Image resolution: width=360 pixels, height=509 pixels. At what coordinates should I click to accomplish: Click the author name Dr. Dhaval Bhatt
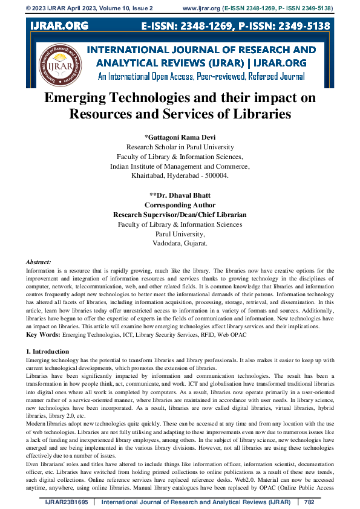coord(180,195)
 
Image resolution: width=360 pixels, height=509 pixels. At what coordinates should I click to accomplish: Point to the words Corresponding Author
coord(180,205)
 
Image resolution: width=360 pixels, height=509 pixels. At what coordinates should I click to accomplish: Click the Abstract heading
coord(39,262)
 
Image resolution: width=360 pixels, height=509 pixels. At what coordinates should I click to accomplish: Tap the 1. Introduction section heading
coord(48,351)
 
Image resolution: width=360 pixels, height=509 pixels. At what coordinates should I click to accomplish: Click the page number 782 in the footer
coord(309,502)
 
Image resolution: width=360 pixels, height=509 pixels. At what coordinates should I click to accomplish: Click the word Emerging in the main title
coord(81,98)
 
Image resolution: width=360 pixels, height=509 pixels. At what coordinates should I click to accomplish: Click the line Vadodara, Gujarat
coord(180,244)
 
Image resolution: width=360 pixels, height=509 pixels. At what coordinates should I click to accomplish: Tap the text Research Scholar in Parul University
coord(180,147)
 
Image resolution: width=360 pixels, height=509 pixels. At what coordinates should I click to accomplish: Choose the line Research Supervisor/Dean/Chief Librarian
coord(180,215)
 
